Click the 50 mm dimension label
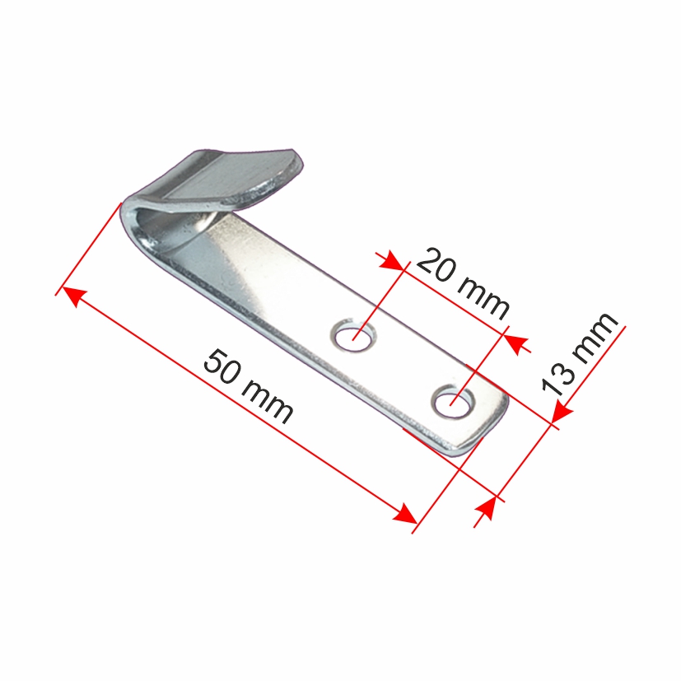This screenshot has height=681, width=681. point(249,387)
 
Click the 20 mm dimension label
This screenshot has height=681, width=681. point(463,283)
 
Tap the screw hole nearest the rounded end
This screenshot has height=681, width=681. point(453,402)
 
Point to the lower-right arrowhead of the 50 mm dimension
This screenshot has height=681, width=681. point(405,514)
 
